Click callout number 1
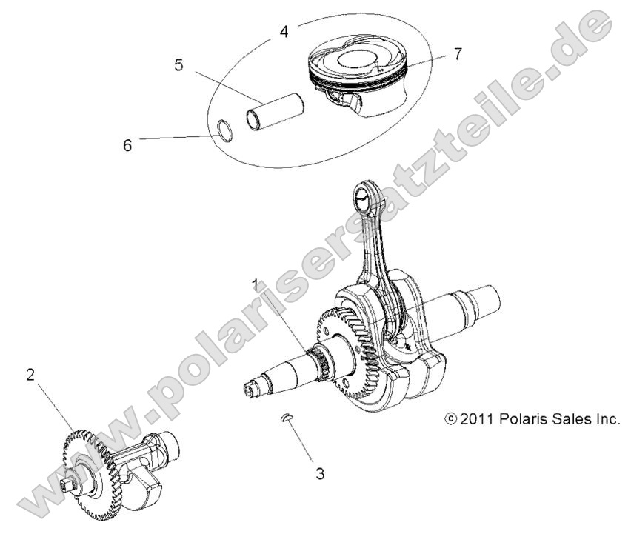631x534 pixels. pyautogui.click(x=256, y=284)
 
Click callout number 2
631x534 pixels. pyautogui.click(x=30, y=375)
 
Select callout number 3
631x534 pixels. pyautogui.click(x=319, y=472)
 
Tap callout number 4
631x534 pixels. pyautogui.click(x=284, y=32)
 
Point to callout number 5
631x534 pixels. pyautogui.click(x=178, y=65)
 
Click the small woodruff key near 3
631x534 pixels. pyautogui.click(x=287, y=420)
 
